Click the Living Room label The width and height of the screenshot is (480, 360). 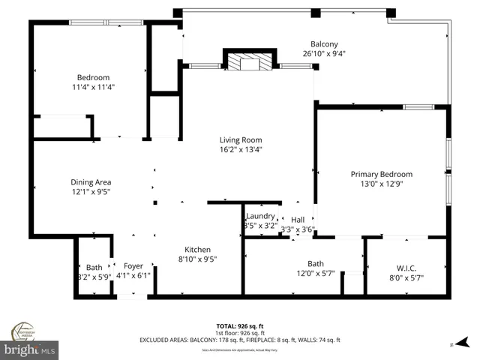pos(240,139)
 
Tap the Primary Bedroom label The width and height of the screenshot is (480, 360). pos(381,174)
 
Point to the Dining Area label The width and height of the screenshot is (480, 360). pos(91,182)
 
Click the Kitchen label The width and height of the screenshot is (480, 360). pos(198,250)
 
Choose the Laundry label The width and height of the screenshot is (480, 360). pos(260,216)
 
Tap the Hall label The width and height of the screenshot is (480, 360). pos(298,220)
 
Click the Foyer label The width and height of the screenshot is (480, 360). pos(133,265)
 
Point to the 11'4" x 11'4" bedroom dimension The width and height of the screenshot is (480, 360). pos(94,87)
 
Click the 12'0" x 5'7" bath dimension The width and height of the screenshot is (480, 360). pos(315,274)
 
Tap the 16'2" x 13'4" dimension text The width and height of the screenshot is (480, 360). pos(240,149)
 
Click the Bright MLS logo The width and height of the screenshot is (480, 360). pos(30,349)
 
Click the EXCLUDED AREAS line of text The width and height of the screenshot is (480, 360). pos(240,340)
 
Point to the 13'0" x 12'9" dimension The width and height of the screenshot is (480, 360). pos(381,184)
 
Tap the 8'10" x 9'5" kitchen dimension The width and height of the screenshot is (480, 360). pos(198,259)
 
